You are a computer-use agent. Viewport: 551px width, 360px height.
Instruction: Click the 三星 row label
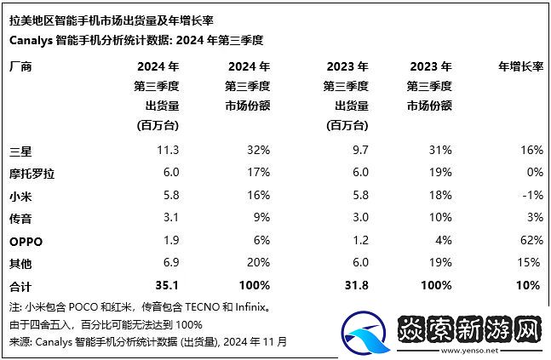point(19,150)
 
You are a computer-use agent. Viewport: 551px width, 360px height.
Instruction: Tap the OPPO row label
point(25,241)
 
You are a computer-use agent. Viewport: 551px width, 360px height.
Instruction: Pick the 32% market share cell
point(258,150)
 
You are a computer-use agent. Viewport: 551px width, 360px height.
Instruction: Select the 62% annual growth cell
point(529,241)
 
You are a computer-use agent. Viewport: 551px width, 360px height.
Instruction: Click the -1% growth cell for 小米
point(531,195)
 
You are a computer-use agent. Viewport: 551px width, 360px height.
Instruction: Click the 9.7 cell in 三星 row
point(359,150)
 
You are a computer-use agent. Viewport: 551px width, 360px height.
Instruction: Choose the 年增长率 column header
point(519,66)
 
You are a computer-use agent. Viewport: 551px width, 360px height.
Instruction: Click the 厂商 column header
point(19,66)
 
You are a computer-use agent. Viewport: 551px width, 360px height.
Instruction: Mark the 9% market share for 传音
point(261,218)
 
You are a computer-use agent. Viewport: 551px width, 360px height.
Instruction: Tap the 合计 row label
point(19,286)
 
